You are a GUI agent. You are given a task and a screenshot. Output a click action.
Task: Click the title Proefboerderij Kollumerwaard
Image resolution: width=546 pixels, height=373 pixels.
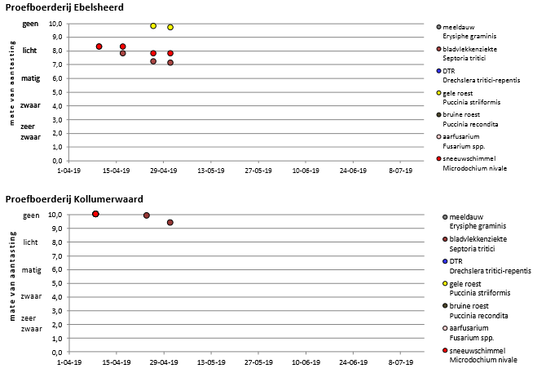67,199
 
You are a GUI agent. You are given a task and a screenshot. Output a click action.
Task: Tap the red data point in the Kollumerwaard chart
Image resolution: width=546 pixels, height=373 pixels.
95,214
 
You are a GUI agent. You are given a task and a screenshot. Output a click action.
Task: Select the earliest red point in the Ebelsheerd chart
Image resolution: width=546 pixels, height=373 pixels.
99,47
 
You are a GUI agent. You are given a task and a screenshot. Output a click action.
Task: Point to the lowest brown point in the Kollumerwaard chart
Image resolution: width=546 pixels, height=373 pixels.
170,222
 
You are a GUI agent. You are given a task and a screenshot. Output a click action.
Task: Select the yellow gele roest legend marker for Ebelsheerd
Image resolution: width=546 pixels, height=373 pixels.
440,93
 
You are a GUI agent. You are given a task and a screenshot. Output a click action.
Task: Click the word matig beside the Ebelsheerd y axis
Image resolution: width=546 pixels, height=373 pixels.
30,78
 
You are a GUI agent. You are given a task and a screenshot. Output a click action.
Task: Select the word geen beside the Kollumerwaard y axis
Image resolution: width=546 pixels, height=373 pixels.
31,215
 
